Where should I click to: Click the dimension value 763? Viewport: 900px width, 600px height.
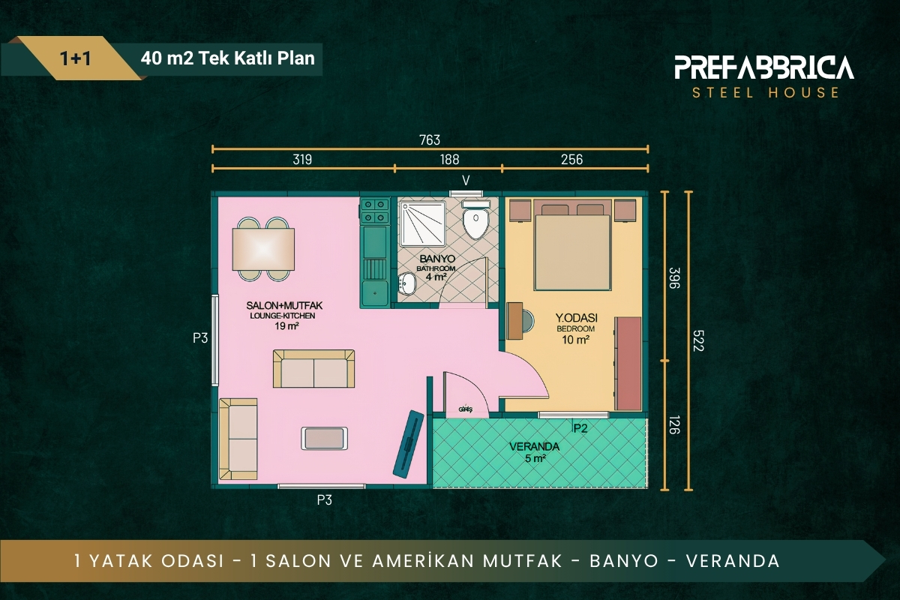pyautogui.click(x=430, y=139)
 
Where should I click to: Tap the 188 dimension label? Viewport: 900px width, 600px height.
pyautogui.click(x=449, y=160)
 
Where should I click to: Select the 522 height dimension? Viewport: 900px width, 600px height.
pyautogui.click(x=698, y=340)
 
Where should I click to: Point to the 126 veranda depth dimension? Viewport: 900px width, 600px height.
pyautogui.click(x=673, y=425)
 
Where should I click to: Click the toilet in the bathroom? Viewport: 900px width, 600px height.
pyautogui.click(x=475, y=220)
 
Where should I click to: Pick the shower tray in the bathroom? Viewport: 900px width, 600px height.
pyautogui.click(x=423, y=223)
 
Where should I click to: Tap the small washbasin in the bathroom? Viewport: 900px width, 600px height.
pyautogui.click(x=406, y=283)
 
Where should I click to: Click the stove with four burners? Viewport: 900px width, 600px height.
pyautogui.click(x=375, y=211)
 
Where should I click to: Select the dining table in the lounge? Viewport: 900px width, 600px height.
pyautogui.click(x=263, y=249)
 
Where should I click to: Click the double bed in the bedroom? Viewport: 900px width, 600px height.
pyautogui.click(x=572, y=244)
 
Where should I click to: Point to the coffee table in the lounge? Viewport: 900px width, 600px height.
pyautogui.click(x=324, y=438)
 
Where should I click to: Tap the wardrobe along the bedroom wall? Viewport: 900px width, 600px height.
pyautogui.click(x=628, y=364)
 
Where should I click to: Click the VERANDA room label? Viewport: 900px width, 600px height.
pyautogui.click(x=534, y=446)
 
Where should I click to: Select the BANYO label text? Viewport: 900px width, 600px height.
pyautogui.click(x=437, y=259)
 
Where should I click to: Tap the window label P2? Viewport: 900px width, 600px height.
pyautogui.click(x=580, y=428)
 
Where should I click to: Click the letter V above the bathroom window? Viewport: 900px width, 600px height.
pyautogui.click(x=466, y=181)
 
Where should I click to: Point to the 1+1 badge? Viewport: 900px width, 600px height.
pyautogui.click(x=75, y=58)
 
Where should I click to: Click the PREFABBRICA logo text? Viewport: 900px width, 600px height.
pyautogui.click(x=763, y=67)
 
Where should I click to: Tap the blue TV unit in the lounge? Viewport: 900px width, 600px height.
pyautogui.click(x=408, y=444)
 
